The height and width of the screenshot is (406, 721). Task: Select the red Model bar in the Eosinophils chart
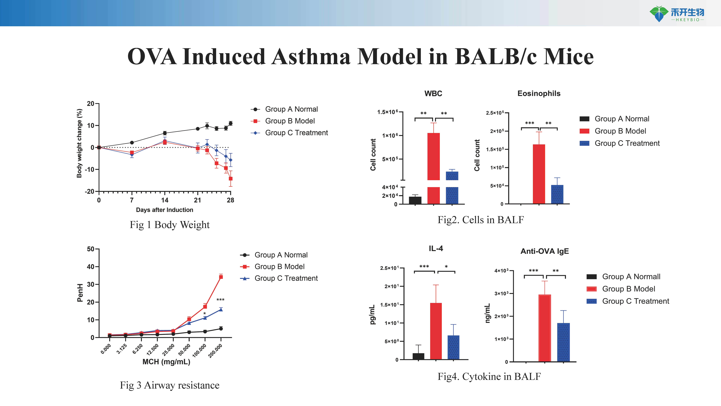[539, 174]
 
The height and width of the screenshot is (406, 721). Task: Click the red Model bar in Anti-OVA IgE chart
[545, 328]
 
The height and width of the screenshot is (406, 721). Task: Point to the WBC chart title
[433, 94]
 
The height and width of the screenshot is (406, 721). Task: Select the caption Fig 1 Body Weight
[170, 225]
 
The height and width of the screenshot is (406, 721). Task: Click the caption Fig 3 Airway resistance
[170, 385]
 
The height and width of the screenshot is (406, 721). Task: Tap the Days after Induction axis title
[165, 210]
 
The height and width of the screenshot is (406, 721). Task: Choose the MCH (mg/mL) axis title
[166, 362]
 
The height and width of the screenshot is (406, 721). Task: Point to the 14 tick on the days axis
[165, 200]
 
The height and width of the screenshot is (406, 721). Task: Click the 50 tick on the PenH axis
[90, 249]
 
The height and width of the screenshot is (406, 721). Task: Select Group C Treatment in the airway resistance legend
[286, 278]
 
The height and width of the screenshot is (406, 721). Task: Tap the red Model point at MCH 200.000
[221, 277]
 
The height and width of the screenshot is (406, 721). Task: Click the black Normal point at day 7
[132, 143]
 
